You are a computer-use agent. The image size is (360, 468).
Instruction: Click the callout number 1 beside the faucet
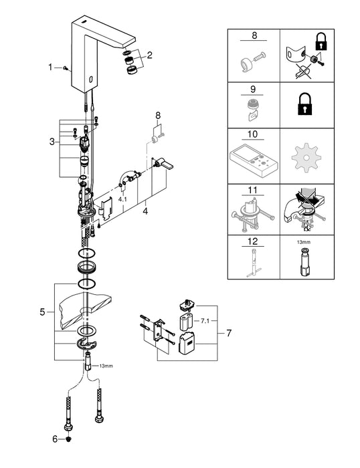pos(50,68)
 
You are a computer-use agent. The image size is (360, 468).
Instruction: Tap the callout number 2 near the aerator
pos(150,55)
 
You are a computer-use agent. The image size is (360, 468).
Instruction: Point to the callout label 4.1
pos(122,199)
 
